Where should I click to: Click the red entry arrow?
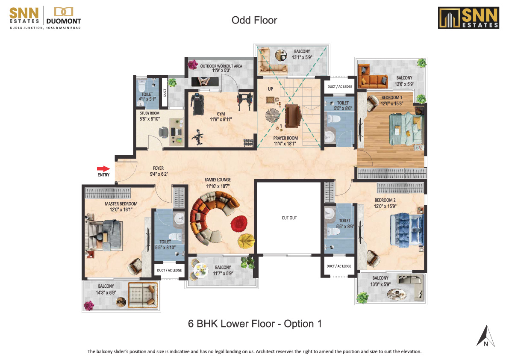click(x=103, y=169)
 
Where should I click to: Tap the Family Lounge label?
click(x=218, y=180)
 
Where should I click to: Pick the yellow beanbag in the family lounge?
click(x=247, y=241)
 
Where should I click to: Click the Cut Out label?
click(x=289, y=218)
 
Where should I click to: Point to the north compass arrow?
click(x=485, y=336)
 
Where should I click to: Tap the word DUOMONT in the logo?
click(x=64, y=21)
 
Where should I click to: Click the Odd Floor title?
click(x=254, y=20)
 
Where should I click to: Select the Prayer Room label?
click(x=285, y=138)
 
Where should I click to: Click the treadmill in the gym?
click(x=197, y=104)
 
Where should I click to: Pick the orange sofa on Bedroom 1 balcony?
click(x=372, y=77)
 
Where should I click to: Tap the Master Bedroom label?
click(x=121, y=204)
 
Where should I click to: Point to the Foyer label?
click(x=159, y=168)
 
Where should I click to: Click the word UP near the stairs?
click(x=271, y=89)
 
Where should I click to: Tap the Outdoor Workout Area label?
click(x=221, y=66)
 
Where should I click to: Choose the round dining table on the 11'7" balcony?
click(x=199, y=269)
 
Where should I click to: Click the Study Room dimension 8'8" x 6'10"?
click(x=150, y=119)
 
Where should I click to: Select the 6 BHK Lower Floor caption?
click(x=255, y=324)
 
